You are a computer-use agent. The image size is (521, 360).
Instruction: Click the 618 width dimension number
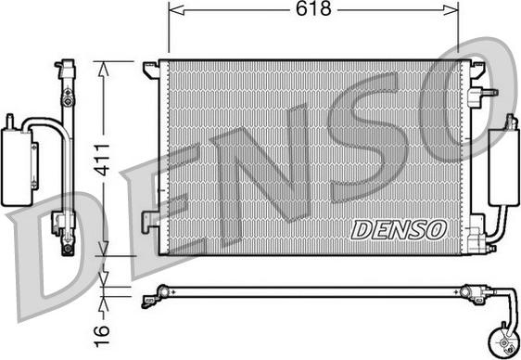(x=313, y=8)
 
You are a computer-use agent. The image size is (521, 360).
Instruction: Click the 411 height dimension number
(x=102, y=160)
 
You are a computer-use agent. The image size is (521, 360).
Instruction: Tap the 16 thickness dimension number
(x=102, y=336)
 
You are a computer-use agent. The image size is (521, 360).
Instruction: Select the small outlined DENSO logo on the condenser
(x=399, y=229)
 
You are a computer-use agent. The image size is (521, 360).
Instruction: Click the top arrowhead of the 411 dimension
(x=104, y=70)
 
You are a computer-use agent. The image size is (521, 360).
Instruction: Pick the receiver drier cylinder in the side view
(x=17, y=166)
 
